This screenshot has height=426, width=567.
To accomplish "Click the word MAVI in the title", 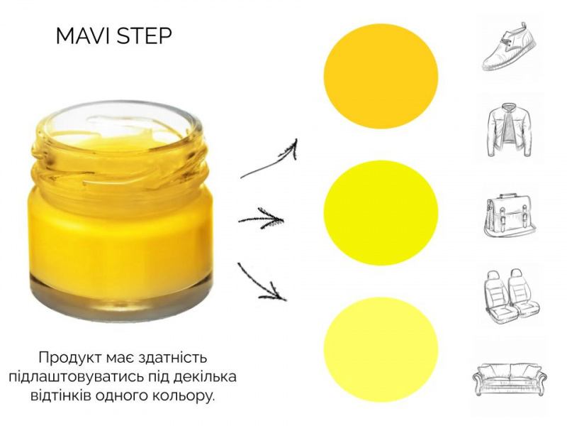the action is click(84, 36).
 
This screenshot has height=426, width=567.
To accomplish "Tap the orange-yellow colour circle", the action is click(381, 76).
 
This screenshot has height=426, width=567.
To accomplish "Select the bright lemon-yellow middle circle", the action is click(381, 212).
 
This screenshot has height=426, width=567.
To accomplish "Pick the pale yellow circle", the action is click(381, 349).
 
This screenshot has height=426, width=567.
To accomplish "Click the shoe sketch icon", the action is click(509, 46).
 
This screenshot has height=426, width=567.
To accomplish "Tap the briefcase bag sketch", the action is click(509, 216).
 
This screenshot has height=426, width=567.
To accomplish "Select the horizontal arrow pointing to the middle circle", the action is click(261, 219).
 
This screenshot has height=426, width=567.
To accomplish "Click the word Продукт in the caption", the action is click(71, 358).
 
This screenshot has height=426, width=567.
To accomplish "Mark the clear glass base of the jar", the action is click(121, 295).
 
